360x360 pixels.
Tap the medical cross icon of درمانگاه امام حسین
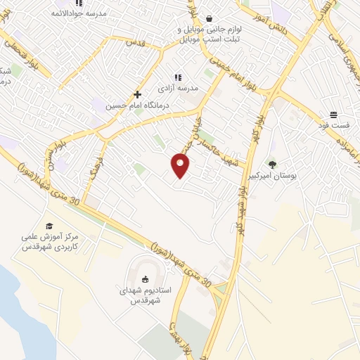point(137,94)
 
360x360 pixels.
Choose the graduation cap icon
point(49,226)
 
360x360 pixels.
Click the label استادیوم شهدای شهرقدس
point(146,294)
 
